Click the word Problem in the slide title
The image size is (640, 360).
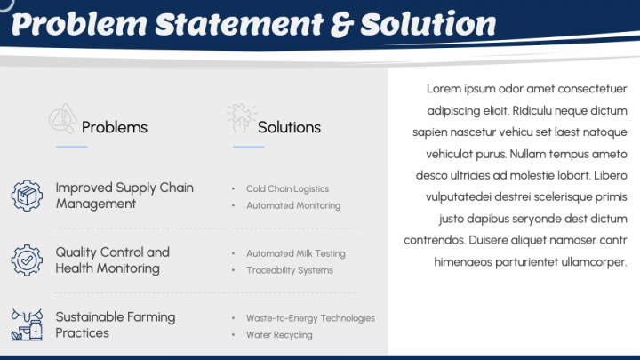80,24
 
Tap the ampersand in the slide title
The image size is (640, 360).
342,25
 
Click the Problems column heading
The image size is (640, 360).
115,127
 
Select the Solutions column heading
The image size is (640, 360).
289,127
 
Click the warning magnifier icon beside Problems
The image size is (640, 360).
63,118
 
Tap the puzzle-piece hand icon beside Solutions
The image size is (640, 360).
242,118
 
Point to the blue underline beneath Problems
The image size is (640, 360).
72,147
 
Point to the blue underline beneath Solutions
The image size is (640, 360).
249,147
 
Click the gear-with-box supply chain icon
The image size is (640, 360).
27,196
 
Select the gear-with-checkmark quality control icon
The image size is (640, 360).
27,260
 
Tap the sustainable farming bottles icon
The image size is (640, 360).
27,325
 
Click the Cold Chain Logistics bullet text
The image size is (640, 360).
287,188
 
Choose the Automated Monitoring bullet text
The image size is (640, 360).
293,205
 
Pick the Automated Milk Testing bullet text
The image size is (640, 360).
295,253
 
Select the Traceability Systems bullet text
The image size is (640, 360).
290,270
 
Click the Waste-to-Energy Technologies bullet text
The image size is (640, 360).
310,318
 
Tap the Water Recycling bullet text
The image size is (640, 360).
279,335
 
